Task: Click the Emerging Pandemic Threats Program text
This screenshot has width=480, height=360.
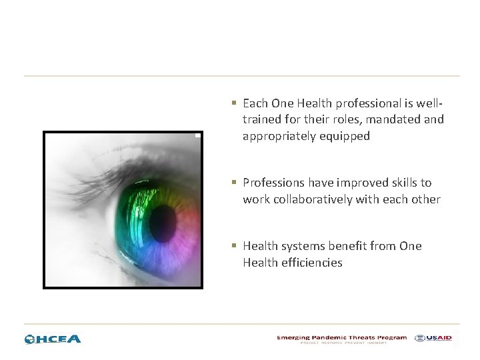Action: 341,338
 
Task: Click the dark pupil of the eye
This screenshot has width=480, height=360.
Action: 163,223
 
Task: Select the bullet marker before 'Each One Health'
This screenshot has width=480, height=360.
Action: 234,103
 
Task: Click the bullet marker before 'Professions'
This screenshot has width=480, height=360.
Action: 234,183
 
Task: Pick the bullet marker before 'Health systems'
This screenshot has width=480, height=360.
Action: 234,247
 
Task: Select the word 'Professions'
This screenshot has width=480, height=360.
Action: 273,183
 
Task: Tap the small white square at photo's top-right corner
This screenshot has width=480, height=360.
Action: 197,135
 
